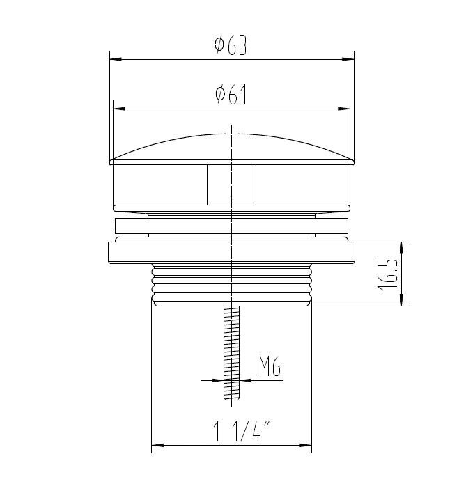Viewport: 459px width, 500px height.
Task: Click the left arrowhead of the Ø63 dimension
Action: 116,59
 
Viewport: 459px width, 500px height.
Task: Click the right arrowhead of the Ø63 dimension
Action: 348,59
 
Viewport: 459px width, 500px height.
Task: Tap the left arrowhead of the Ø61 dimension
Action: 120,109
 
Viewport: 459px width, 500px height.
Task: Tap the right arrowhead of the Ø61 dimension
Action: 344,109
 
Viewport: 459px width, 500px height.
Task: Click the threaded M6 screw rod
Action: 231,348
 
